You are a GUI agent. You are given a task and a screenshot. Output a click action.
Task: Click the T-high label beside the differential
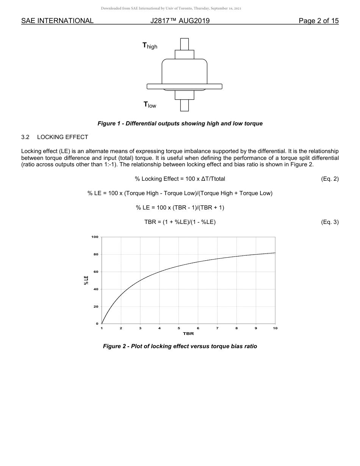150,46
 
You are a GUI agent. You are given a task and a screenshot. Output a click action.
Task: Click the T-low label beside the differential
150,105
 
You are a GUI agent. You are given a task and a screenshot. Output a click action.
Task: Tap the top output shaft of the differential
185,44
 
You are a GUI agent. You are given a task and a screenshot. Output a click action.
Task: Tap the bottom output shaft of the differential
185,105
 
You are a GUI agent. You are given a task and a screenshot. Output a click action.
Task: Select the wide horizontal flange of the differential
185,86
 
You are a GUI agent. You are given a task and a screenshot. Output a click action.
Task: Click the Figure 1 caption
180,124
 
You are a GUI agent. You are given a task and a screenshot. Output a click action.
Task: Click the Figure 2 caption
180,346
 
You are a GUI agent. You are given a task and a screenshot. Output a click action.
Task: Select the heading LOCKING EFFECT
63,137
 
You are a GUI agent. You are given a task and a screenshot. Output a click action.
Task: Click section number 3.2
25,137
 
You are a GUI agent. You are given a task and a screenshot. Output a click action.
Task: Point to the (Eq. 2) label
329,179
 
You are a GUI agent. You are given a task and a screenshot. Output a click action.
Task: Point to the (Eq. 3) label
329,222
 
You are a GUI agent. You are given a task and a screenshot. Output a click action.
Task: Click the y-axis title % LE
86,280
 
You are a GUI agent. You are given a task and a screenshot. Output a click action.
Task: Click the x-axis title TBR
188,334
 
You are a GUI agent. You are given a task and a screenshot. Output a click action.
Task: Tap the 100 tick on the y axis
95,237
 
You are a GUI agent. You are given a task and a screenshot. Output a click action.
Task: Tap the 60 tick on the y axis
96,272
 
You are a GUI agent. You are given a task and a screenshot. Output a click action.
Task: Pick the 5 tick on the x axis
179,328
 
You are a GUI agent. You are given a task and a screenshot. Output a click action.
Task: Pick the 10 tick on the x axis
275,328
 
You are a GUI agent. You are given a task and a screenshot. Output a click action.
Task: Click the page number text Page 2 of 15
318,21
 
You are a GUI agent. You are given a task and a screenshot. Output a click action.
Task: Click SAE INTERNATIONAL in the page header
57,21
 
